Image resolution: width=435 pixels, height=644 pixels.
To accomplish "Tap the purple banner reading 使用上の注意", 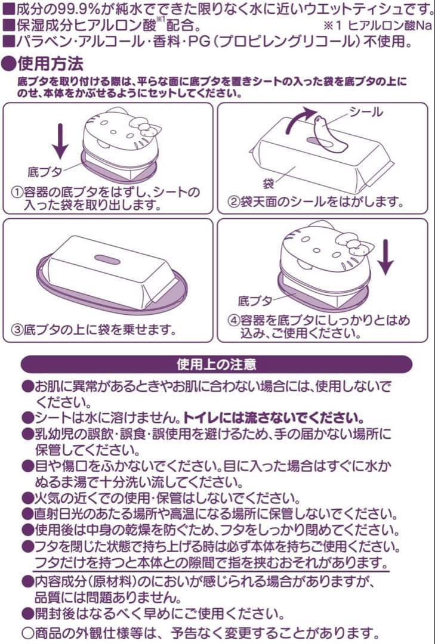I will [217, 364].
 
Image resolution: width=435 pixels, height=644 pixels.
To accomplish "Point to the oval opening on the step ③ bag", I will [108, 259].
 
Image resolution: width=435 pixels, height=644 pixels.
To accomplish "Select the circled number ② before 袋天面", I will [235, 201].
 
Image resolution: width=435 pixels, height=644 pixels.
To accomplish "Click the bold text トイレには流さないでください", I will [274, 416].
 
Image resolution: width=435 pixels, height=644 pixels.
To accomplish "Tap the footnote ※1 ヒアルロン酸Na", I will [378, 26].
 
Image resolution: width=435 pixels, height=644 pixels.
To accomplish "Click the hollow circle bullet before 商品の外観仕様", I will [27, 632].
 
